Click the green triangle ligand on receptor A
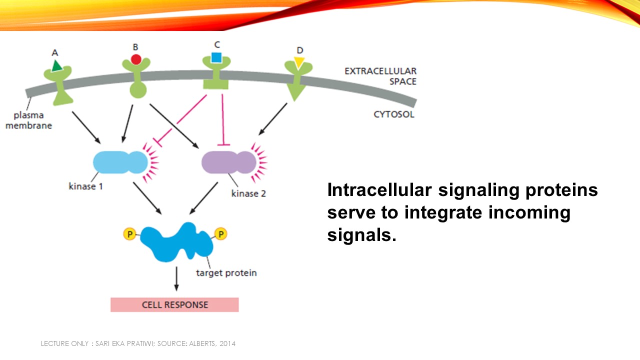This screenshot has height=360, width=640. point(56,65)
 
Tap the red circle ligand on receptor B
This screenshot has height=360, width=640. point(135,59)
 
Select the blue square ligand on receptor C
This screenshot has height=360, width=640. point(216,57)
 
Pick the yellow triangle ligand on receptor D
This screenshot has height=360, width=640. point(299,62)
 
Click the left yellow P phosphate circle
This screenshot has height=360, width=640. point(129,233)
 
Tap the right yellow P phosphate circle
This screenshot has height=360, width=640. point(220,233)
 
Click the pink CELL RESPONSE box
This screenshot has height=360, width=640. point(174,304)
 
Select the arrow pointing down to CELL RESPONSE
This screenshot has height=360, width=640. point(176,278)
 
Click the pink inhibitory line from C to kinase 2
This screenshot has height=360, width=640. point(222,120)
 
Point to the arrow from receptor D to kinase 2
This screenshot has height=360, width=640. point(273,119)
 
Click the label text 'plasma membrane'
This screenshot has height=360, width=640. point(28,120)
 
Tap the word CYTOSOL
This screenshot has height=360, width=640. point(394,114)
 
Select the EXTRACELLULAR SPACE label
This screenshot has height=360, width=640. point(380,76)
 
